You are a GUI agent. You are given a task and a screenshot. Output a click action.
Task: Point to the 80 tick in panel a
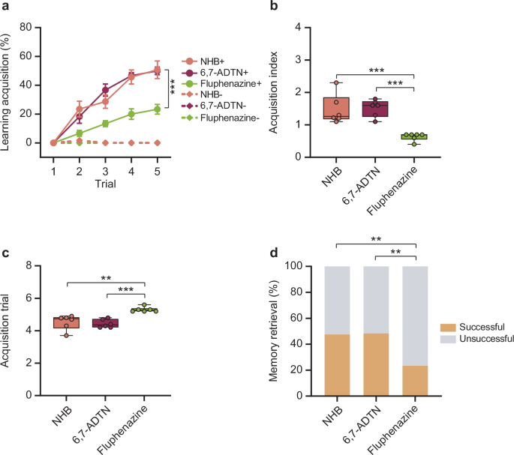[34, 27]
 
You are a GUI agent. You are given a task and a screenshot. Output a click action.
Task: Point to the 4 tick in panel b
[299, 27]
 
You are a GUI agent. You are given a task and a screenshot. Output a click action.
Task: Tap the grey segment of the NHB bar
[337, 300]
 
